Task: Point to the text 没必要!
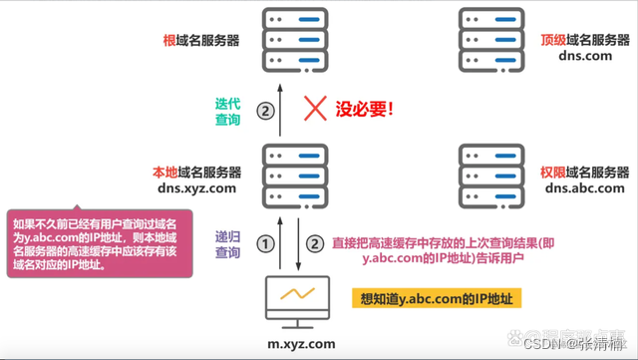click(x=364, y=108)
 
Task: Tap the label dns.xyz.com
click(x=196, y=187)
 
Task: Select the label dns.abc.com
click(x=584, y=187)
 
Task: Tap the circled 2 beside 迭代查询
click(x=265, y=111)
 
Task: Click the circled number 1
click(x=265, y=243)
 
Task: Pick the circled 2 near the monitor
click(x=315, y=243)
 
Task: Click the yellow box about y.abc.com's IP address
click(x=441, y=298)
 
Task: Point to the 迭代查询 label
click(x=228, y=111)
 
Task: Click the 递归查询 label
click(x=228, y=244)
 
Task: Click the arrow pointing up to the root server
click(x=282, y=110)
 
